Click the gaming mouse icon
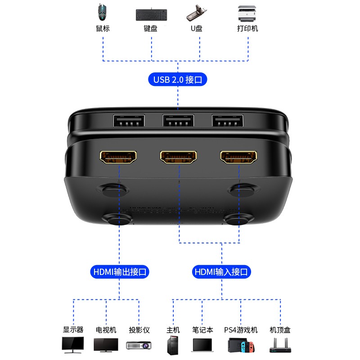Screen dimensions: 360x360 click(102, 12)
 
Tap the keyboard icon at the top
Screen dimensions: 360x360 click(151, 15)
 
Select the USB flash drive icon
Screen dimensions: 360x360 click(197, 13)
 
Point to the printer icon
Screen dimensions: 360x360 click(247, 13)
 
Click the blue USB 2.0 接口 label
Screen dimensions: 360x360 click(178, 80)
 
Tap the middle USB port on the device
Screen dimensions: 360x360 click(178, 121)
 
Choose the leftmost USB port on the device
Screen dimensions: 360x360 click(129, 121)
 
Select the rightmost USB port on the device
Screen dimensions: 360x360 click(228, 121)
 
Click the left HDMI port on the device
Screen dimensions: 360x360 click(118, 157)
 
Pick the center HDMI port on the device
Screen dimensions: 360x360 click(178, 157)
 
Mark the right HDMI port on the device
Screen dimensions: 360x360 click(238, 157)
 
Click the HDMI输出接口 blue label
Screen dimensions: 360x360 click(120, 272)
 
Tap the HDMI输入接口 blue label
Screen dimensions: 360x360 click(221, 272)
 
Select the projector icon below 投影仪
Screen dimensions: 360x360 click(139, 345)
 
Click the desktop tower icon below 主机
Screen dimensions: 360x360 click(173, 345)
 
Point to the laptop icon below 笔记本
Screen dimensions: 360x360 click(202, 345)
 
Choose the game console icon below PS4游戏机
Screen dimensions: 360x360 click(241, 345)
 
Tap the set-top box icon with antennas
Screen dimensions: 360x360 click(280, 345)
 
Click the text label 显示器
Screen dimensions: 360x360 click(73, 330)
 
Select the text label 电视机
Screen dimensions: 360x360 click(106, 330)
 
